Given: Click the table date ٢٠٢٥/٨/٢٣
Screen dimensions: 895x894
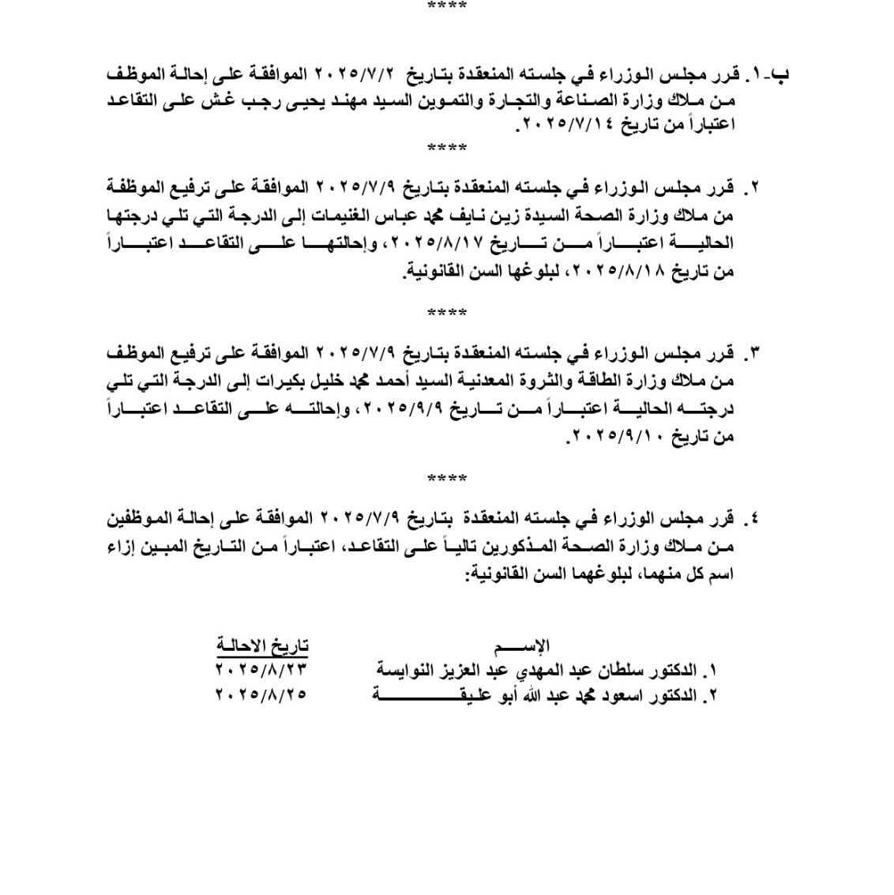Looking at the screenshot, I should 261,669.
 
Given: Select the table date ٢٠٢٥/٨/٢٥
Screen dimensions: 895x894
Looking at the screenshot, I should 261,694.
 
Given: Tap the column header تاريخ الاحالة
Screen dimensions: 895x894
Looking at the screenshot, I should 263,645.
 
